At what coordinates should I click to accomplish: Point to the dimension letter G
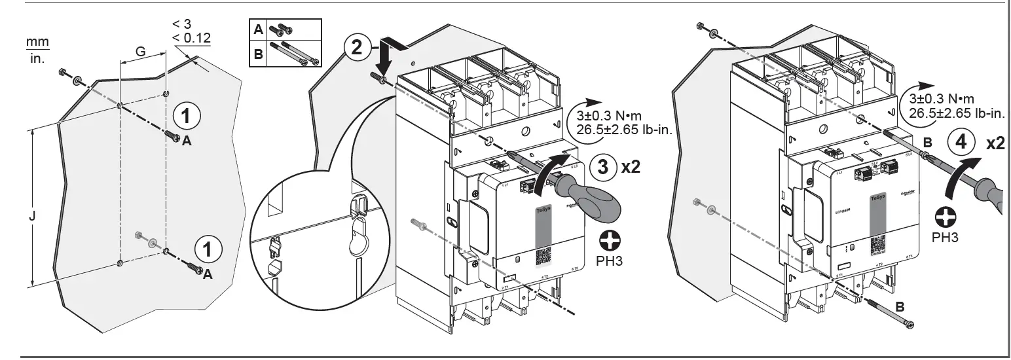[x=140, y=50]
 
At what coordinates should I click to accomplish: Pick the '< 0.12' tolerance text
[x=191, y=38]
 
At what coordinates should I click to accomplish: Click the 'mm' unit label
[x=38, y=42]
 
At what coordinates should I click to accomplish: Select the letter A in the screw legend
[x=259, y=29]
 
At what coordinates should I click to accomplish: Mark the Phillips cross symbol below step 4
[x=944, y=217]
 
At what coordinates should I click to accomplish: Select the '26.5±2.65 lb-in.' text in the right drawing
[x=952, y=113]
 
